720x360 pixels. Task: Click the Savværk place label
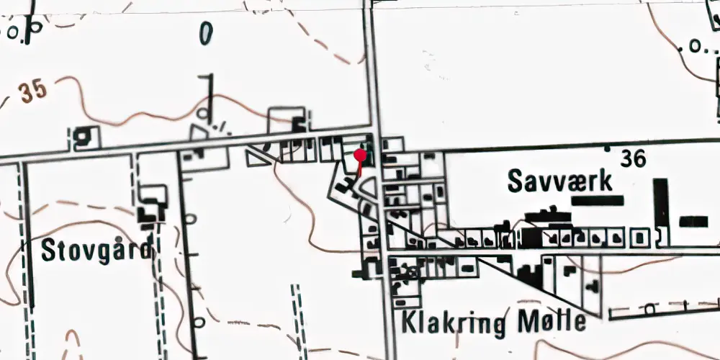click(560, 181)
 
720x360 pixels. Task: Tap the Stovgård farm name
click(96, 251)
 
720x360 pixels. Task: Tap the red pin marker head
click(361, 153)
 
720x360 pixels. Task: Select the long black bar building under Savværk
click(597, 201)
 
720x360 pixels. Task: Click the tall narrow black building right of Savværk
click(660, 203)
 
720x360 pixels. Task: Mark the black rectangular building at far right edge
click(693, 221)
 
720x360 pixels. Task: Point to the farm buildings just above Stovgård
click(151, 205)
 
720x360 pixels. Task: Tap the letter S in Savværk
click(515, 181)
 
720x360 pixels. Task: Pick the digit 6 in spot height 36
click(639, 158)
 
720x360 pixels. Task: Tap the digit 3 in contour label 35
click(27, 93)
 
